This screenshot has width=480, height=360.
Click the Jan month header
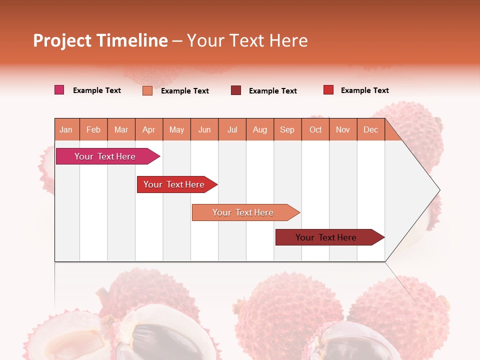pos(66,129)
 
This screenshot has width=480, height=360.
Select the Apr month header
pos(148,129)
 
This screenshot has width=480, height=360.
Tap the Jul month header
pos(232,129)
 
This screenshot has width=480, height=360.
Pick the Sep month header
pos(287,129)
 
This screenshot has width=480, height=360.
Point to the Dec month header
pos(370,129)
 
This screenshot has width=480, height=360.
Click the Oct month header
pos(315,129)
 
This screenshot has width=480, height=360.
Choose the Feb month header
pos(93,129)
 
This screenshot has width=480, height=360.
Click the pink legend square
pos(59,90)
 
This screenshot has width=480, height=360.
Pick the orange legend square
pos(147,90)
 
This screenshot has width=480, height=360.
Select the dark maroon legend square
pos(236,90)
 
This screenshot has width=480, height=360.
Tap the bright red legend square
pos(328,90)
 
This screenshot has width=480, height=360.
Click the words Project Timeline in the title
pos(100,40)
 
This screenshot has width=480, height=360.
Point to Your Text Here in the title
pos(247,40)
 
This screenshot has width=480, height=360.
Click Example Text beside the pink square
pos(97,90)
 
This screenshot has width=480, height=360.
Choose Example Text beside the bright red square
pos(365,90)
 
